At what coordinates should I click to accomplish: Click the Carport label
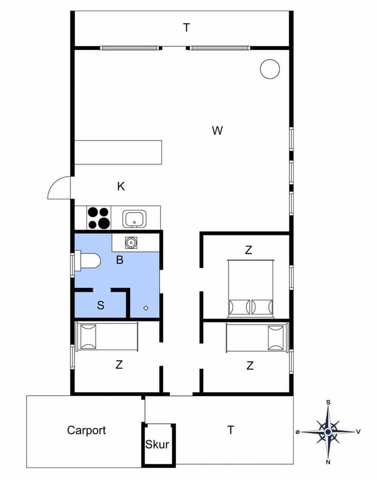pos(86,430)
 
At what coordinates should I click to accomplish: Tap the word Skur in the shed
pos(157,444)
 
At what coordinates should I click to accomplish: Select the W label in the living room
pos(217,131)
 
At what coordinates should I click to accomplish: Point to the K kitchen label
pos(121,187)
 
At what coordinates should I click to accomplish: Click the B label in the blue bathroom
pos(120,260)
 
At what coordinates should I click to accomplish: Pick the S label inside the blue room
pos(101,306)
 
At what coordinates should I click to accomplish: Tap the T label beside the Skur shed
pos(231,430)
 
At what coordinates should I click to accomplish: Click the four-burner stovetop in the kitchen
pos(98,218)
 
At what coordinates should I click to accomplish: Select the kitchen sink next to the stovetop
pos(134,219)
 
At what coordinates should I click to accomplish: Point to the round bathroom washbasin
pos(130,243)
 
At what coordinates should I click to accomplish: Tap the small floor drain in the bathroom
pos(146,308)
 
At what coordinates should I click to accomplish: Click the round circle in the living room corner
pos(270,69)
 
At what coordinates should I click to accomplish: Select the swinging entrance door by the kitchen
pos(59,187)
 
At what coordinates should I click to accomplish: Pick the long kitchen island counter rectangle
pos(118,152)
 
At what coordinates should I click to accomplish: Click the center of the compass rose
pos(328,432)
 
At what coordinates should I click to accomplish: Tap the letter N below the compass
pos(328,462)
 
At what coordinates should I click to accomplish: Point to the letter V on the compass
pos(358,432)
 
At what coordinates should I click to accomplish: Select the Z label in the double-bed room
pos(248,250)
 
